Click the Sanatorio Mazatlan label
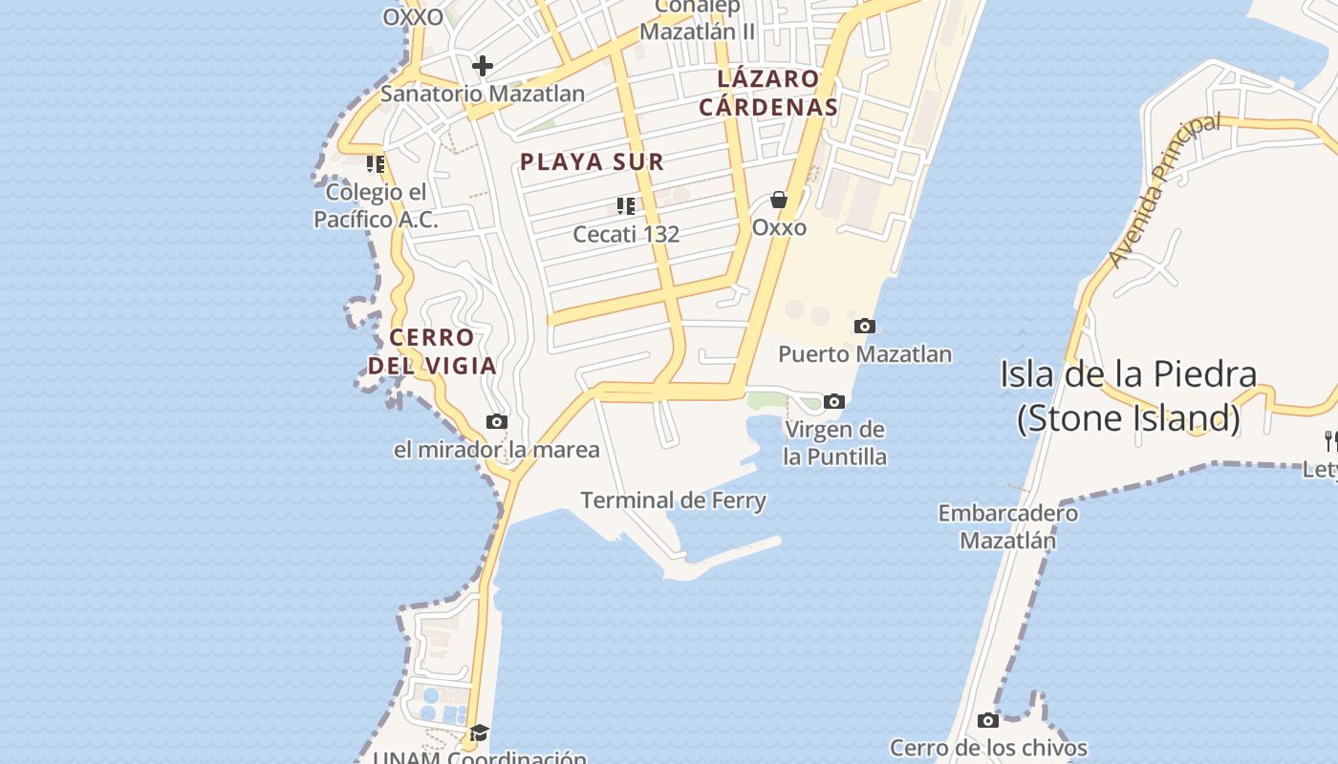(483, 94)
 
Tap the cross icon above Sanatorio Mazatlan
(483, 66)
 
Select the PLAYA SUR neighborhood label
(592, 161)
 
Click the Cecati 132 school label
(626, 233)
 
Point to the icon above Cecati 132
(626, 206)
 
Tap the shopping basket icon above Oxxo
(779, 200)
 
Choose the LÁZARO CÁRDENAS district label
(767, 93)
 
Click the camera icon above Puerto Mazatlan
(864, 327)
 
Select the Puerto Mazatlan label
(864, 354)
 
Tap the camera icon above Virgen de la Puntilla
(834, 402)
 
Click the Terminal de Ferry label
(673, 500)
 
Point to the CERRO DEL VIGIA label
(432, 351)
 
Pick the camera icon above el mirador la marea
(497, 422)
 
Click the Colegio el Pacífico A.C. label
(376, 205)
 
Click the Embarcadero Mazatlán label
(1007, 526)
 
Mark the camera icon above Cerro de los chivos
(988, 720)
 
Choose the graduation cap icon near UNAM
(479, 732)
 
